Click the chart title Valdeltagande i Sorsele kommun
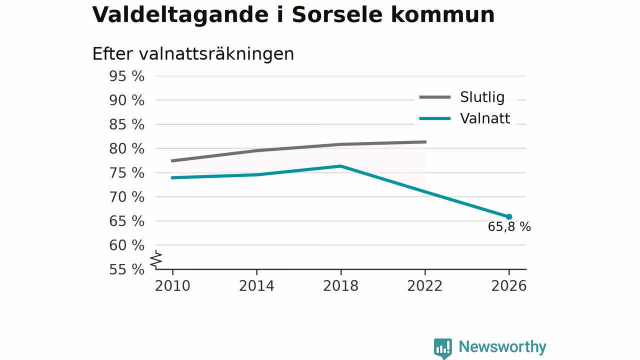(293, 15)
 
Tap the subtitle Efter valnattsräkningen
(193, 54)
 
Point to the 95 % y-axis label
(127, 76)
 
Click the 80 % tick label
(127, 149)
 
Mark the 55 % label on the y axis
(127, 269)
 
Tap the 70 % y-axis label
(127, 197)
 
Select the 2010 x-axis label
(172, 286)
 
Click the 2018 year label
(340, 286)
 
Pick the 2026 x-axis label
(509, 286)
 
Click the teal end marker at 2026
(509, 217)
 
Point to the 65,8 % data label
(509, 227)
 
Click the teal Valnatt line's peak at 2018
(340, 166)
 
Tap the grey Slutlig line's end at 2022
(425, 141)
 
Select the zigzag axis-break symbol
(156, 259)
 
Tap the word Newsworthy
(502, 346)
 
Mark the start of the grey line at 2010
(172, 161)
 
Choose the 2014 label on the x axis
(256, 286)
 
